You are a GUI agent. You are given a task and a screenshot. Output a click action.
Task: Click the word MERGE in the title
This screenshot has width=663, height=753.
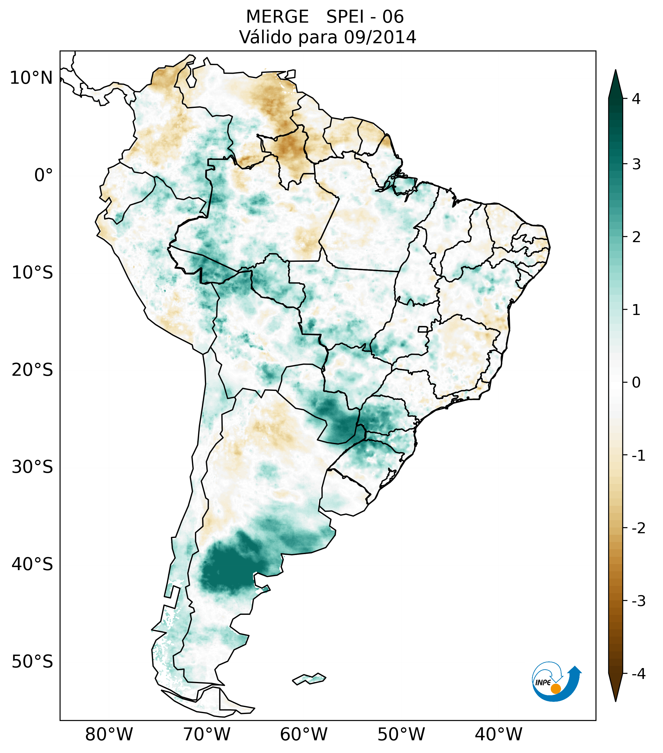[277, 17]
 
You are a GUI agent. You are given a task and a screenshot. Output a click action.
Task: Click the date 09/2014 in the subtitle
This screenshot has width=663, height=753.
[380, 37]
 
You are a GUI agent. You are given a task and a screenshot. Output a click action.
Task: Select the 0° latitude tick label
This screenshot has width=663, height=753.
[43, 175]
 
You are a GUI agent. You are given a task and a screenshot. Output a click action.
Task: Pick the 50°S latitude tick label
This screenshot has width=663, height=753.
[32, 662]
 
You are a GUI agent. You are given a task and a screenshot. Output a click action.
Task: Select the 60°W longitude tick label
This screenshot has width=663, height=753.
[304, 734]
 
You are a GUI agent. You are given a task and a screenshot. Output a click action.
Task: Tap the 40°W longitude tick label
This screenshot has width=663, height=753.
[499, 734]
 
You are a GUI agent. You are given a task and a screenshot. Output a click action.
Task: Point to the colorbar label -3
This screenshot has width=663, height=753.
[638, 601]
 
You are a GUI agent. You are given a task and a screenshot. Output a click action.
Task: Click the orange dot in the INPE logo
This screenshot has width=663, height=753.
[555, 689]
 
